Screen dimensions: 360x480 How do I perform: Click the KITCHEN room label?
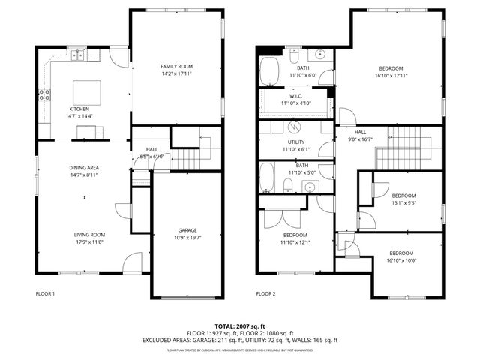[69, 109]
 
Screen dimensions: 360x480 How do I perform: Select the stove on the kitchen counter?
[44, 94]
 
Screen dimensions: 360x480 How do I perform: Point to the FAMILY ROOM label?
[176, 67]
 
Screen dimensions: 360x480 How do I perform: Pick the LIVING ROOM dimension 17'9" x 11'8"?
[88, 241]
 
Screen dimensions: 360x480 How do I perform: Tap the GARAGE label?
[187, 230]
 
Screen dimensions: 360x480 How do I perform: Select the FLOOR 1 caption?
[45, 293]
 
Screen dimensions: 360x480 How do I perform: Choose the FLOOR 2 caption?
[266, 293]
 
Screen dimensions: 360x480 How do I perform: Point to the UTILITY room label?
[295, 142]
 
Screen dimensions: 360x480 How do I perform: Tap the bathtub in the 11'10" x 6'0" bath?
[270, 73]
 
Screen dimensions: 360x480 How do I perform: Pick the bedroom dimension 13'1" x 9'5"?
[403, 202]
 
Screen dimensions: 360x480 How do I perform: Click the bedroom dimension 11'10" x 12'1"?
[295, 242]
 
